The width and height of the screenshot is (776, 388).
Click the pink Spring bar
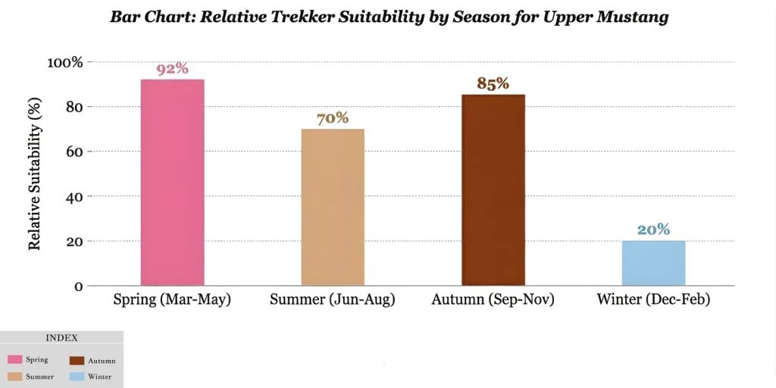click(x=172, y=182)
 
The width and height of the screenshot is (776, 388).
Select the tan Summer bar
click(x=333, y=207)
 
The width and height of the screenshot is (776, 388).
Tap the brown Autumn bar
click(x=493, y=189)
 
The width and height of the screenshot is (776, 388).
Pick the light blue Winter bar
click(x=653, y=263)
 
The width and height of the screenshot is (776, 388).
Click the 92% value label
click(x=172, y=69)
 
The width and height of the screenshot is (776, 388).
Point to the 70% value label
click(x=333, y=118)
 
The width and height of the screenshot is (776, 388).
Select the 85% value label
click(x=493, y=83)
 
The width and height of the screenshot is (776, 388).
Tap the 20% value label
click(x=653, y=230)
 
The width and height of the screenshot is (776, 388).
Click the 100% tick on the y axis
click(x=65, y=62)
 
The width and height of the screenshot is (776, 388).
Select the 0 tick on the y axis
click(x=78, y=286)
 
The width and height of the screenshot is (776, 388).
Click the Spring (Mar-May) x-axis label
click(x=172, y=300)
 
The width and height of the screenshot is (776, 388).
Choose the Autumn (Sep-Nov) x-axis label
click(x=493, y=300)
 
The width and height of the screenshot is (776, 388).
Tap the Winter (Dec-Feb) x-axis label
click(x=653, y=300)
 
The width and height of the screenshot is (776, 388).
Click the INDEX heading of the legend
click(x=61, y=338)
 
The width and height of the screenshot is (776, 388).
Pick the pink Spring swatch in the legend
click(x=14, y=360)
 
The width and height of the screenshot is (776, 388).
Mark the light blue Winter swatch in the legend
click(x=76, y=377)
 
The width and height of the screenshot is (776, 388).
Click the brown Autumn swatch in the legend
click(x=76, y=360)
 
